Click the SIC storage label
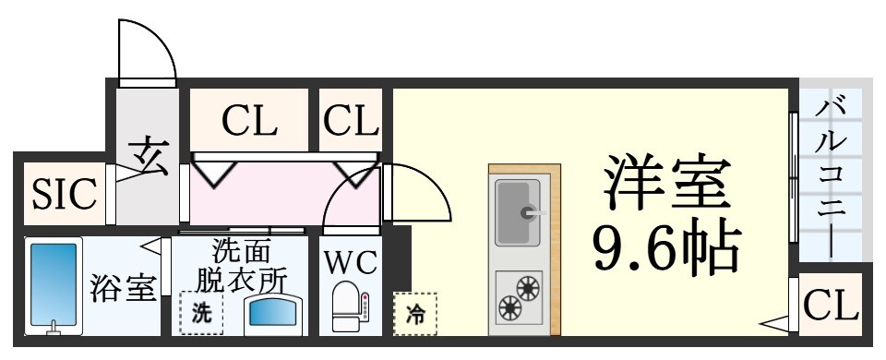pos(64,194)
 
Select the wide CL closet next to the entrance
pos(248,120)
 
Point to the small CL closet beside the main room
pos(351,120)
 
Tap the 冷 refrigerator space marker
pos(414,313)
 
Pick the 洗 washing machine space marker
pos(200,313)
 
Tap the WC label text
pos(350,263)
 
